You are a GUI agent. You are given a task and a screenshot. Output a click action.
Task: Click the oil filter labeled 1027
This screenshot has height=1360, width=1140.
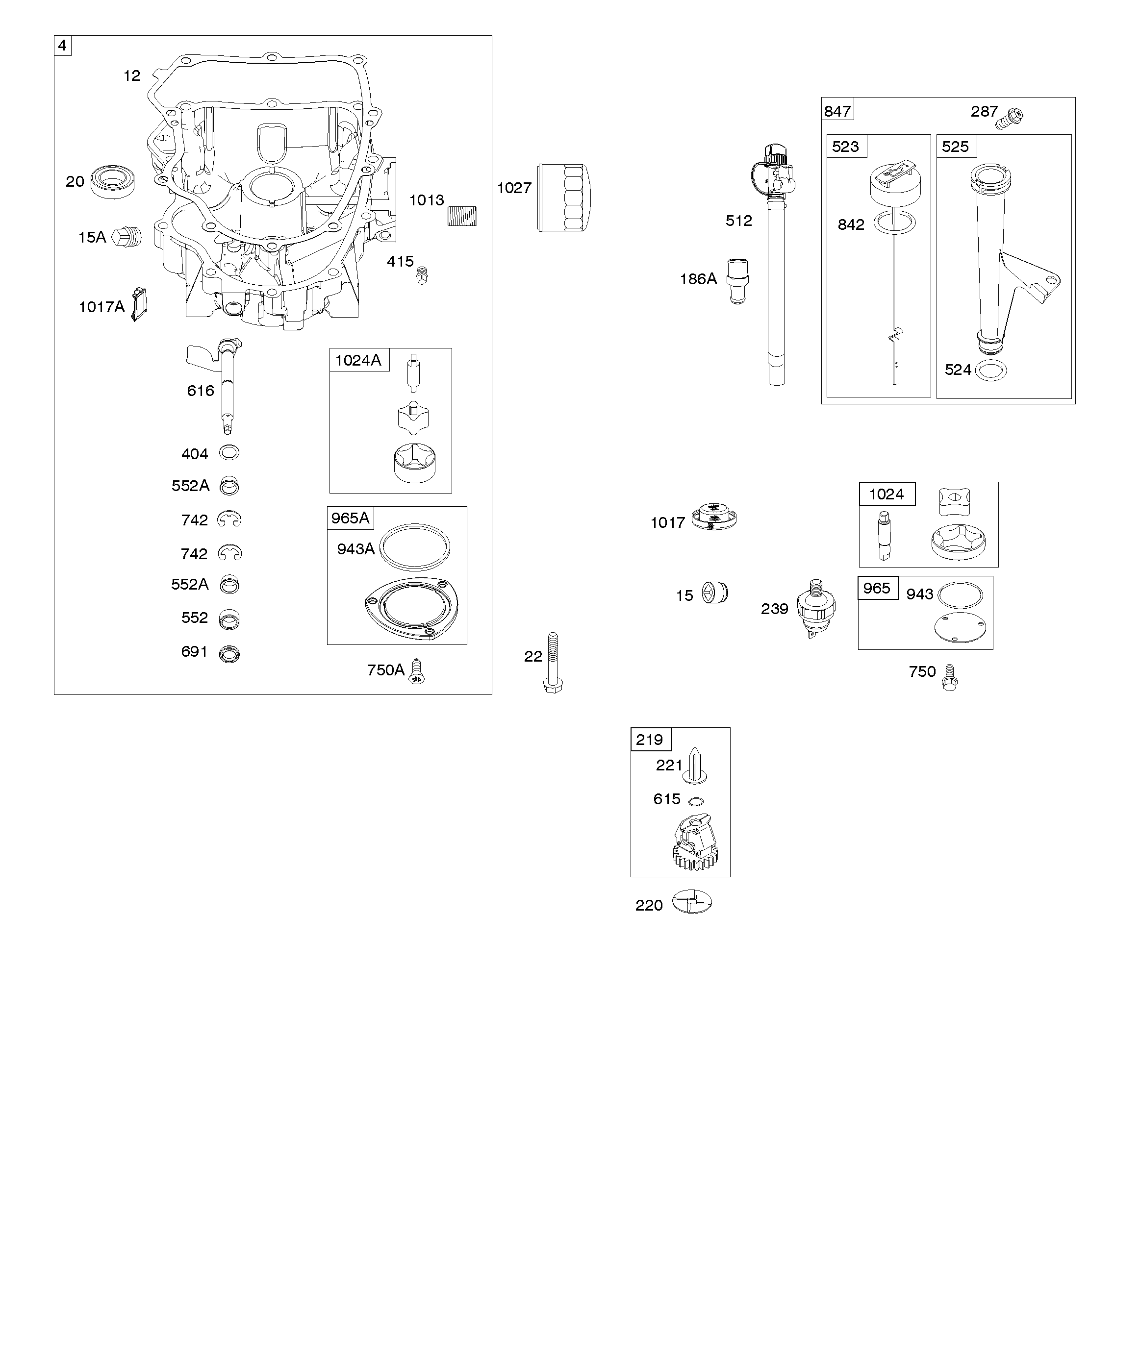tap(564, 198)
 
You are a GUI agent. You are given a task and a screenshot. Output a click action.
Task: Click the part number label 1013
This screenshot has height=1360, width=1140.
tap(427, 200)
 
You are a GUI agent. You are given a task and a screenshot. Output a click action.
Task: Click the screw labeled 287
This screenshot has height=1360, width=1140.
tap(1011, 118)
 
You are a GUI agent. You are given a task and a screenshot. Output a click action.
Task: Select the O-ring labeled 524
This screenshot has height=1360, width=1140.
tap(991, 371)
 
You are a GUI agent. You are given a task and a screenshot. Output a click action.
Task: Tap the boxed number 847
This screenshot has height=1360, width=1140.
tap(837, 111)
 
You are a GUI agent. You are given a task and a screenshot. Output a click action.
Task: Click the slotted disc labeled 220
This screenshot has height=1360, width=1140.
tap(692, 901)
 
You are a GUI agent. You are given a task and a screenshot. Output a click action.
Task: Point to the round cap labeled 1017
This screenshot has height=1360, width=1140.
tap(713, 517)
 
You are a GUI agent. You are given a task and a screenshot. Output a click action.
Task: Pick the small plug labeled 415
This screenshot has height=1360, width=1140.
tap(422, 275)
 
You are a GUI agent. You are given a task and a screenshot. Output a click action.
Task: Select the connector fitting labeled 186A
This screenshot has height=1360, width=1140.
tap(737, 281)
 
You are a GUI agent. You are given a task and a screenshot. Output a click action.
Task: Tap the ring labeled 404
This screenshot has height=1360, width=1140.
tap(229, 453)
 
